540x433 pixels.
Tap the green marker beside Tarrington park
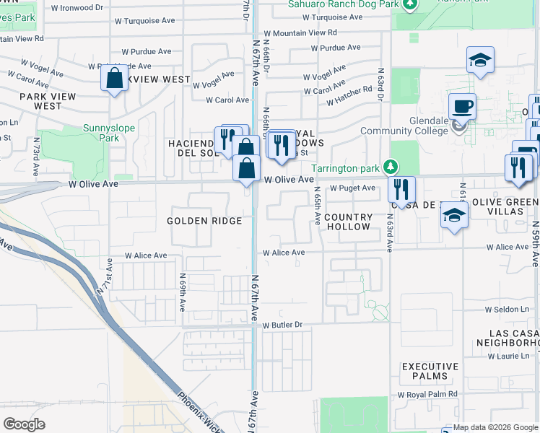(391, 167)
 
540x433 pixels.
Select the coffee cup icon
(462, 107)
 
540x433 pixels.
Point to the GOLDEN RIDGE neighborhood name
(204, 221)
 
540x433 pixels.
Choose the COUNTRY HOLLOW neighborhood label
(348, 222)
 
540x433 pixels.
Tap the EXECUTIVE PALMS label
(430, 371)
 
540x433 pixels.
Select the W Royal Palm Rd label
(427, 395)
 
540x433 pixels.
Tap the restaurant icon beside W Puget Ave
(401, 190)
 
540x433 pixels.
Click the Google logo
(25, 424)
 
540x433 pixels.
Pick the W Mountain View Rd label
(300, 32)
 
